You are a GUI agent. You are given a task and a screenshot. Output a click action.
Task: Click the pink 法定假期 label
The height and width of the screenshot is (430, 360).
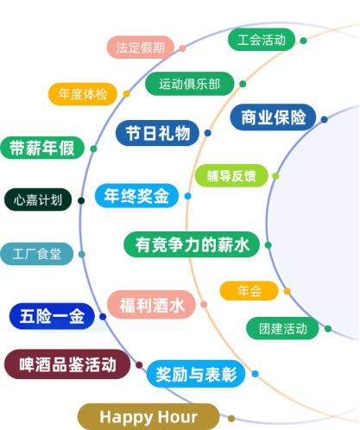(141, 47)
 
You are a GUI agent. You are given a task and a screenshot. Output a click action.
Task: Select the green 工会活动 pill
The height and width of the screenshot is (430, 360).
(262, 40)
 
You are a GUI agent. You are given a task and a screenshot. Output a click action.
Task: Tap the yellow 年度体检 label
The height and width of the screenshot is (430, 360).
(83, 94)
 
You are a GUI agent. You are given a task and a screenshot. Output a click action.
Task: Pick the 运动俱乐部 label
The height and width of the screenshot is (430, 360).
(190, 84)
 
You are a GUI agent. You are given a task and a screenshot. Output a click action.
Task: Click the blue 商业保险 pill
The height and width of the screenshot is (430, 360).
(273, 117)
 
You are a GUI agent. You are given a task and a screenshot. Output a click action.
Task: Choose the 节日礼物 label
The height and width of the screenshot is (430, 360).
(157, 133)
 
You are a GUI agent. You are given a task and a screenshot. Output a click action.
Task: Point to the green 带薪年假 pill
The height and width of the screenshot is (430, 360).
(42, 148)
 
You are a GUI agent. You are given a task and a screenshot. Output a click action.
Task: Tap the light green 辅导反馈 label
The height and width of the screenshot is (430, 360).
(231, 175)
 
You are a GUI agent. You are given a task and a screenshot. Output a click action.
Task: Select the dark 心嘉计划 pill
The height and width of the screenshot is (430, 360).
(38, 199)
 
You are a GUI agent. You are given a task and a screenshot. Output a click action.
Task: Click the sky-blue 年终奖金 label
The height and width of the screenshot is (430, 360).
(136, 196)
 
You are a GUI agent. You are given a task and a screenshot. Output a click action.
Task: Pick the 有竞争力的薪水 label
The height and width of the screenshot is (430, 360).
(192, 244)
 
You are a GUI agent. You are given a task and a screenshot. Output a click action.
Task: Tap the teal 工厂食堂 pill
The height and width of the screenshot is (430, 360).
(37, 254)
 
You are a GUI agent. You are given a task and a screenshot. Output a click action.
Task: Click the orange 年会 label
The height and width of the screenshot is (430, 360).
(249, 291)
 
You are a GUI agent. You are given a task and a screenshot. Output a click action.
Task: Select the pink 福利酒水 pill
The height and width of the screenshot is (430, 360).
(151, 305)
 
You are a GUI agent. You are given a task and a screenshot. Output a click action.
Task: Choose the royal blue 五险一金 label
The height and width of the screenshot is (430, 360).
(52, 316)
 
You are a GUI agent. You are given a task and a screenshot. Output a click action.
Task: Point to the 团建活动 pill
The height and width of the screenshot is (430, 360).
(282, 328)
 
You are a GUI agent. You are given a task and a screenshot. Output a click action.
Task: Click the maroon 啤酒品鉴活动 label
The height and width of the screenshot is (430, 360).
(67, 364)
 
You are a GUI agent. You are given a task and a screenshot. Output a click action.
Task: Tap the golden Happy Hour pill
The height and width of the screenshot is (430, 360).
(148, 417)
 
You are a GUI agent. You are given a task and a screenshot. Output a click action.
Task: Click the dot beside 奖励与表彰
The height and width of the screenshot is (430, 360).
(255, 374)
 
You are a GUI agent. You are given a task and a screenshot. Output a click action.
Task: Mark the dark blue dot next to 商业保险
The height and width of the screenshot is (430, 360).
(325, 119)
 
